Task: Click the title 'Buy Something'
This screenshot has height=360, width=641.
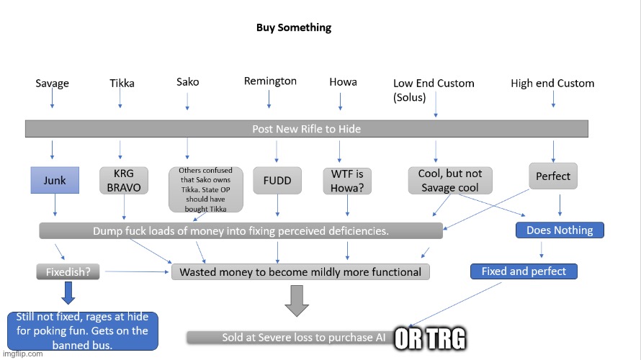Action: point(294,28)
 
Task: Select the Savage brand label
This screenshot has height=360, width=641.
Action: point(53,84)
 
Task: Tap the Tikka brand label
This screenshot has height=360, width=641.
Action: point(122,83)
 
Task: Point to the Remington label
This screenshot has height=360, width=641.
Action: point(270,81)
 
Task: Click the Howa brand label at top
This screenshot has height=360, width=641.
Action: point(343,82)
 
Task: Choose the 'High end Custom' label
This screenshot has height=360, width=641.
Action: point(552,84)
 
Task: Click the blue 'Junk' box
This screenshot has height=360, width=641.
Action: point(55,180)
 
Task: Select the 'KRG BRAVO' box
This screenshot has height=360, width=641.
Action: point(124,181)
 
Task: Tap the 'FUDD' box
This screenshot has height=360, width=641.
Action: point(277,180)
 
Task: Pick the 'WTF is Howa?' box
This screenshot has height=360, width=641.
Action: point(347,181)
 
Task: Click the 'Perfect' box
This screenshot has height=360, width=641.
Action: point(553,176)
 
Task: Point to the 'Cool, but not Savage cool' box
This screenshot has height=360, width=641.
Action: point(450,181)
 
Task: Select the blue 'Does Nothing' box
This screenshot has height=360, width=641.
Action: point(560,230)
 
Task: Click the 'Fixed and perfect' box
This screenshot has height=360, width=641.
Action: point(524,271)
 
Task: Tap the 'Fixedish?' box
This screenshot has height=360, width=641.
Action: point(68,272)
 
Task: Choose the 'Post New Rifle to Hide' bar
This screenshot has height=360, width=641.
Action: point(307,129)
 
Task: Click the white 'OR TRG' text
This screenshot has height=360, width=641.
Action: point(429,339)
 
